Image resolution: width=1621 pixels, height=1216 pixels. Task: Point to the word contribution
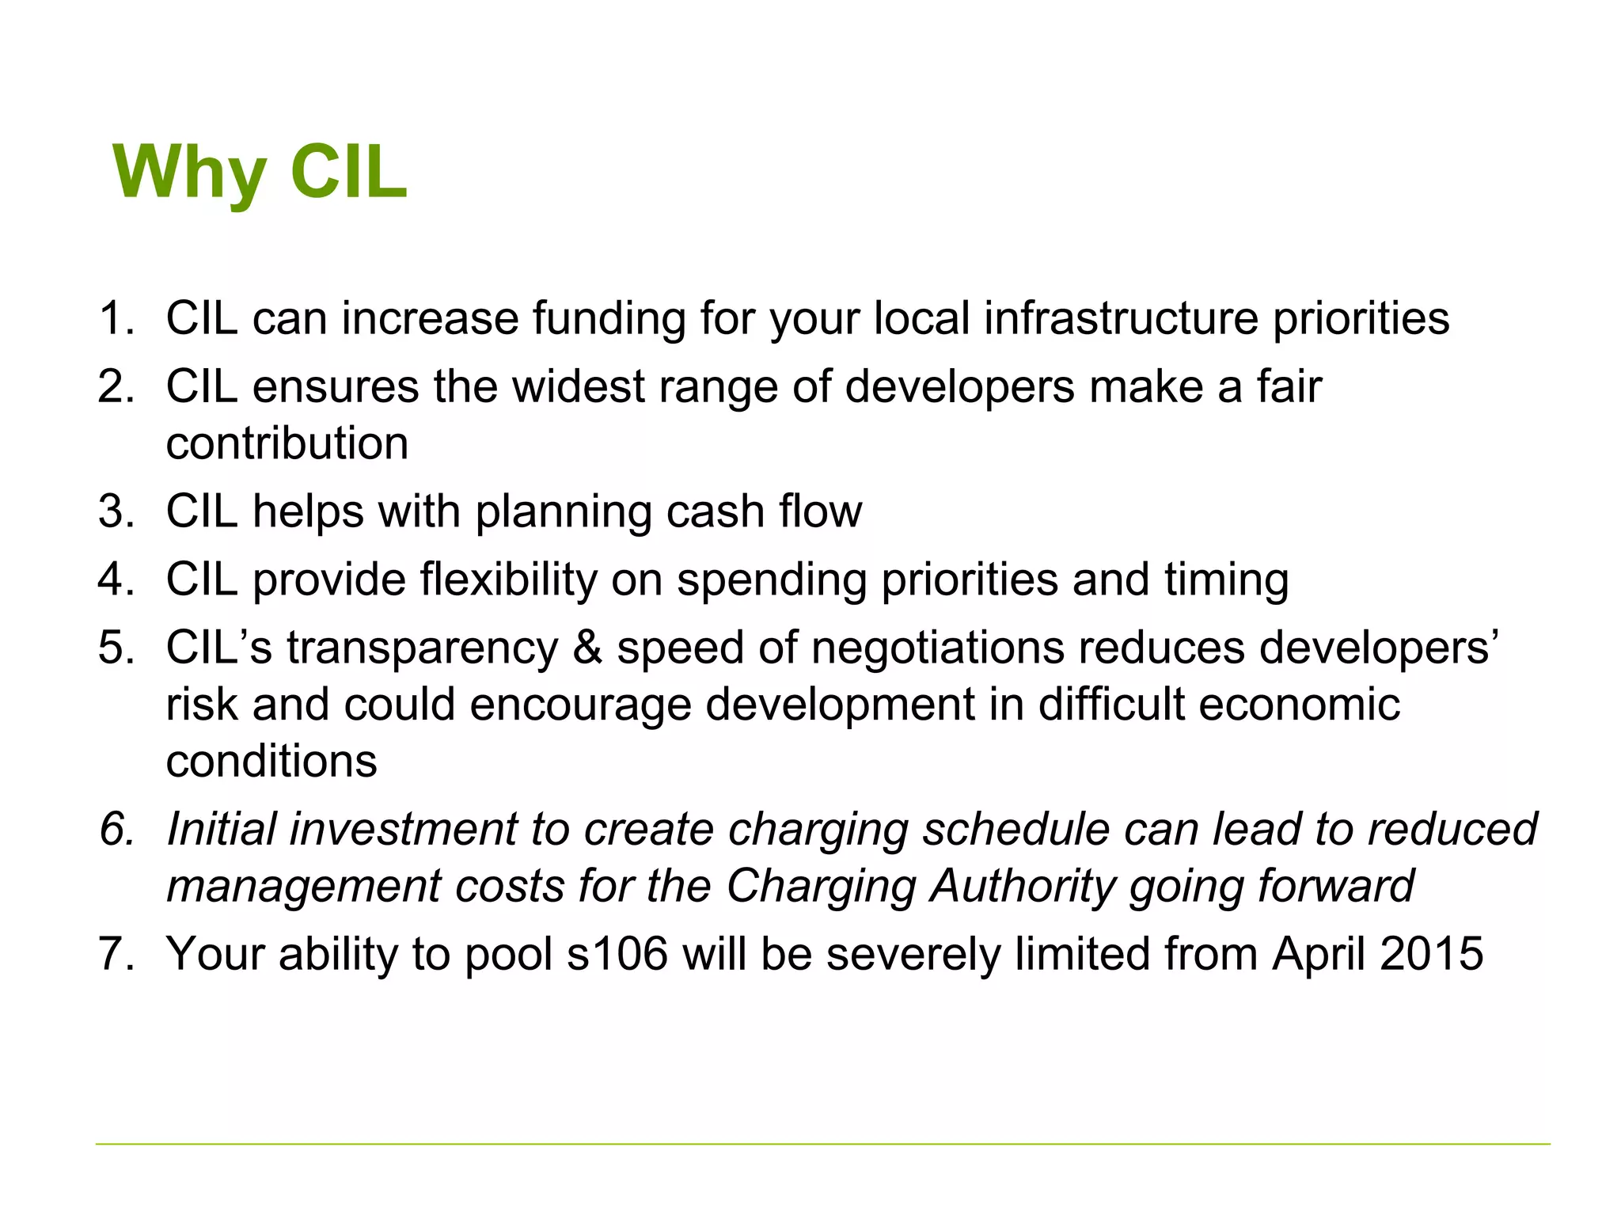tap(287, 443)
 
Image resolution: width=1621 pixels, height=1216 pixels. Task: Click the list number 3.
tap(116, 511)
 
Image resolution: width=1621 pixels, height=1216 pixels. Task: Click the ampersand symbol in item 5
tap(587, 648)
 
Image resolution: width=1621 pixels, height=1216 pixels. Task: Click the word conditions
tap(271, 762)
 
